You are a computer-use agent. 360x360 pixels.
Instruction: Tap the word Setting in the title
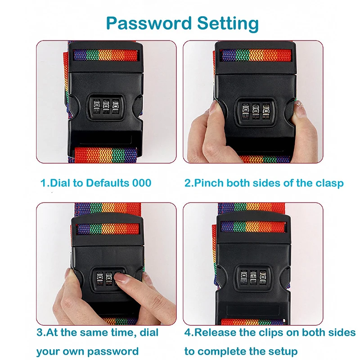pos(228,24)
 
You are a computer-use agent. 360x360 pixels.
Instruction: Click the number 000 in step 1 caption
pos(142,183)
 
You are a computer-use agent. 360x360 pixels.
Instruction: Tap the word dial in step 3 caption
pos(149,333)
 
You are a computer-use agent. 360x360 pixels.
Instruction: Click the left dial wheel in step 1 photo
pos(97,107)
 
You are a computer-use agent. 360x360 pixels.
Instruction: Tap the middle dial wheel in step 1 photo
pos(106,107)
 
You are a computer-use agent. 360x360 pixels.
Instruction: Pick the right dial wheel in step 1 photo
pos(116,107)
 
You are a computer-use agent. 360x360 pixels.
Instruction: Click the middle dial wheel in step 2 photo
pos(256,111)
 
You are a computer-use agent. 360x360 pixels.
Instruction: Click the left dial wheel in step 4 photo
pos(243,278)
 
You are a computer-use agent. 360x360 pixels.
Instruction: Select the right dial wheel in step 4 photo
pos(263,278)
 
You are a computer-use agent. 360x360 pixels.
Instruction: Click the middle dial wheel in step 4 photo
pos(253,278)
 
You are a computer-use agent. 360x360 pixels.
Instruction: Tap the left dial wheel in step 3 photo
pos(99,279)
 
